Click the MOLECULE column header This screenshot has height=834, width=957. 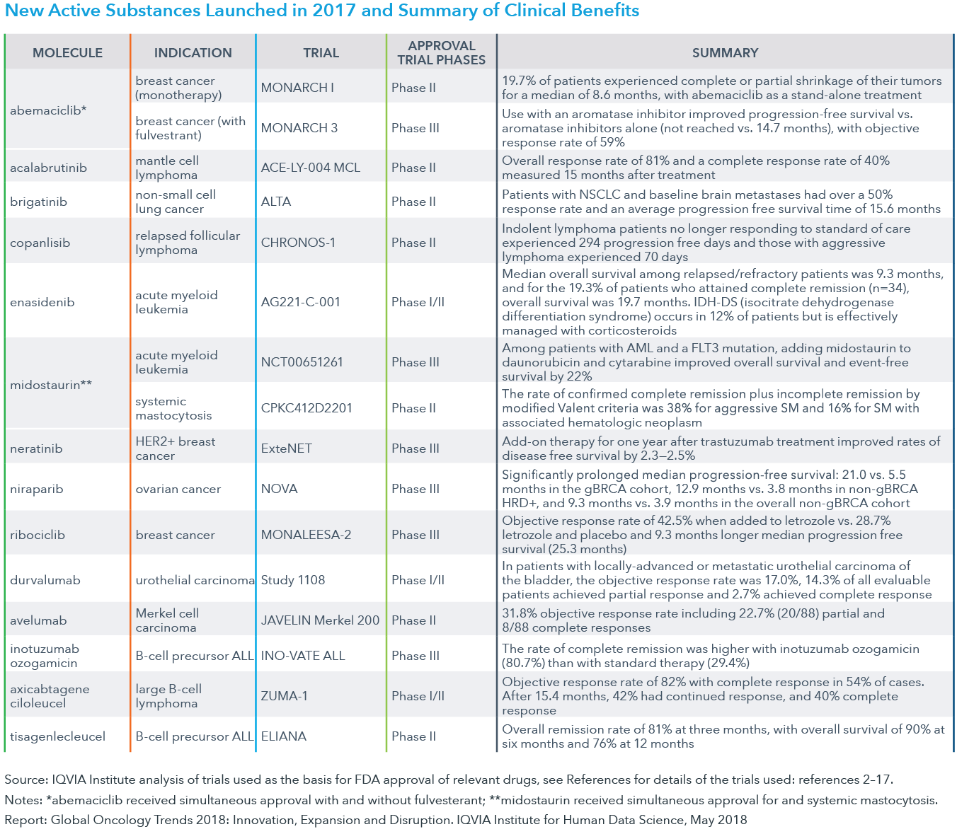point(67,53)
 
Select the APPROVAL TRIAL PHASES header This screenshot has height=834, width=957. point(441,53)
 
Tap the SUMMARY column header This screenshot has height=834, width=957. point(725,53)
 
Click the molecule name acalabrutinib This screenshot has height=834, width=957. point(48,168)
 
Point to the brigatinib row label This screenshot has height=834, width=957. point(38,202)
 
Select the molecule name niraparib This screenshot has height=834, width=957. point(36,489)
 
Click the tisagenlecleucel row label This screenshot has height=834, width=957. point(57,736)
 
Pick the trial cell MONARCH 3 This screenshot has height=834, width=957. point(299,128)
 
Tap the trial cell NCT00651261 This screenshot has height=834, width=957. point(302,362)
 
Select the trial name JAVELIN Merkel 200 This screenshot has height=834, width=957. point(320,620)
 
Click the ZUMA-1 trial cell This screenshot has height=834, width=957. point(284,696)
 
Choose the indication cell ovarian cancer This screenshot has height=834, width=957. point(178,489)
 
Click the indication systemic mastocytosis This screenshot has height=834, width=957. point(173,408)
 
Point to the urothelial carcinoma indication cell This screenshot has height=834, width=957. point(195,580)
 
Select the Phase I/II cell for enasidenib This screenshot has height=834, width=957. point(418,302)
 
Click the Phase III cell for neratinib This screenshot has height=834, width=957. point(415,448)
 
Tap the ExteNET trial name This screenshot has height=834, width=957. point(286,448)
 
